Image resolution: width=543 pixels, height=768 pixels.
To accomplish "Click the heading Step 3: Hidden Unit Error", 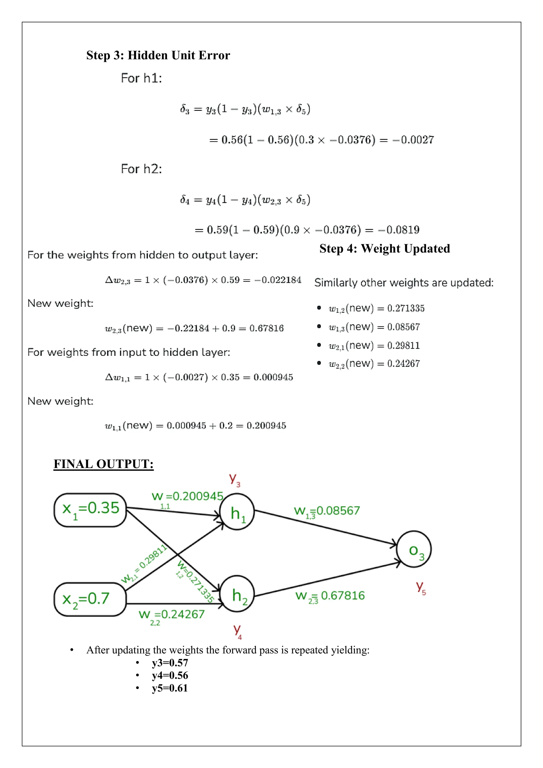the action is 158,55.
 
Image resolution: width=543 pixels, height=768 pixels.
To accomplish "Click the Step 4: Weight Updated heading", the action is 384,248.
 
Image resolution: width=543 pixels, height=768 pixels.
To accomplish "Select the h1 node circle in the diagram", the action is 237,512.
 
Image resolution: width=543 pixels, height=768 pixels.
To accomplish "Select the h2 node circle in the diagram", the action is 237,594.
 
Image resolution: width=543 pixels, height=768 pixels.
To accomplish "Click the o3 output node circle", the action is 414,549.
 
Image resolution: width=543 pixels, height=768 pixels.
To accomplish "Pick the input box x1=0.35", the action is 90,510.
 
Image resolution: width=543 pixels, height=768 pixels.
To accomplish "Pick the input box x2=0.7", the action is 90,599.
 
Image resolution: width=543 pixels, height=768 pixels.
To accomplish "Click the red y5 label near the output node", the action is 421,587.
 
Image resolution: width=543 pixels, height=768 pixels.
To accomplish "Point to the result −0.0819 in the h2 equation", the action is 399,230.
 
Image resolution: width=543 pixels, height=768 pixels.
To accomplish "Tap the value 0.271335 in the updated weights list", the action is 406,308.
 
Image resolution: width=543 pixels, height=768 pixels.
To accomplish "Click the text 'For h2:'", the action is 141,169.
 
